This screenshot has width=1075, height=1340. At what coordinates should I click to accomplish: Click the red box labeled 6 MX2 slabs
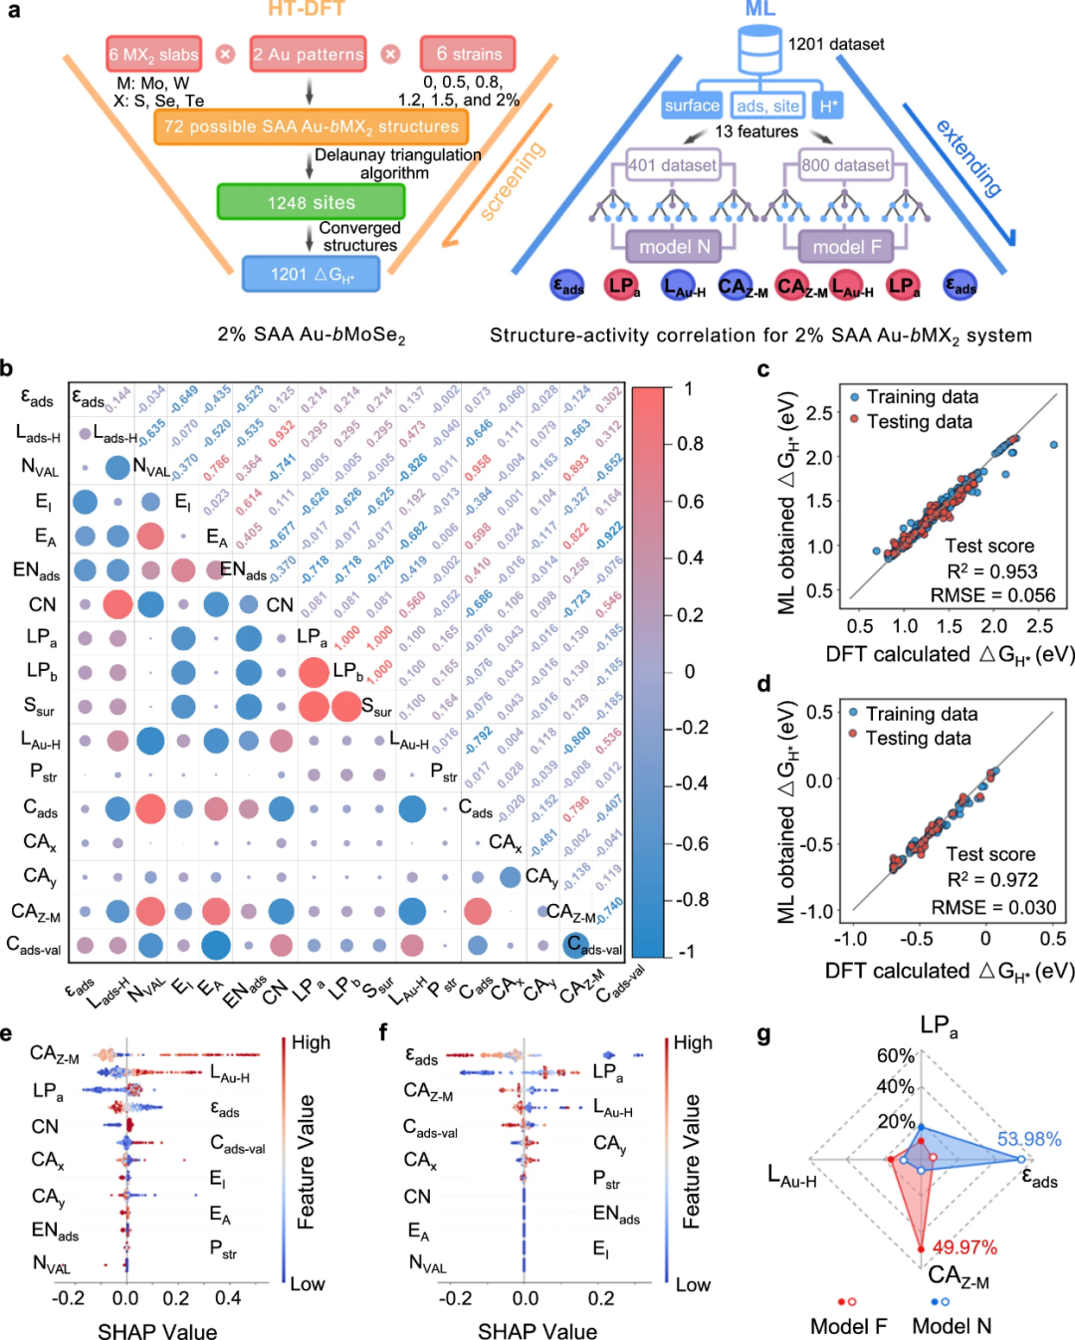point(154,54)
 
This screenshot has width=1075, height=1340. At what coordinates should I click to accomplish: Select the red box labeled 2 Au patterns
point(309,54)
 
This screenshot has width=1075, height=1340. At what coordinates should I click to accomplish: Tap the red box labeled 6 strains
point(468,54)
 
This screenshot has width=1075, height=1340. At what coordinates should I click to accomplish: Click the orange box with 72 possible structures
point(311,126)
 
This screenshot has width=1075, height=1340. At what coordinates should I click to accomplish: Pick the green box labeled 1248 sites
point(311,202)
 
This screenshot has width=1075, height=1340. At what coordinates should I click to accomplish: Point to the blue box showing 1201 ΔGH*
point(311,274)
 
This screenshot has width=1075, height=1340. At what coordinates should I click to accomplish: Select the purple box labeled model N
point(674,246)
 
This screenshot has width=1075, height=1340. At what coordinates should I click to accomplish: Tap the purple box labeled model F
point(847,246)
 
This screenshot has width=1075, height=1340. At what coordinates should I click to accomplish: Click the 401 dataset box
point(672,165)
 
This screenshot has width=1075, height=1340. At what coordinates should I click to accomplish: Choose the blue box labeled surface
point(691,106)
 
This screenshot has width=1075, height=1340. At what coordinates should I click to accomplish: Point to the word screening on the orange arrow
point(513,179)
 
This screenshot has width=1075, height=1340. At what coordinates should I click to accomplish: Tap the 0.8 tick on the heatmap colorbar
point(689,444)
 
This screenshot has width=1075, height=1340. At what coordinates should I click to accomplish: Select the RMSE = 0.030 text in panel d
point(993,907)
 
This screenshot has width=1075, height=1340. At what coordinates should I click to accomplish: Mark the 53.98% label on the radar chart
point(1028,1139)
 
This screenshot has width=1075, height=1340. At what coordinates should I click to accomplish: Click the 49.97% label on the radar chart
point(965,1247)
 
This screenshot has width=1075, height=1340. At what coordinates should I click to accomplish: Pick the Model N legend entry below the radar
point(952,1326)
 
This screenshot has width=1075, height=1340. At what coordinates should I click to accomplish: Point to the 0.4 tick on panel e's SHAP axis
point(228,1298)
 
